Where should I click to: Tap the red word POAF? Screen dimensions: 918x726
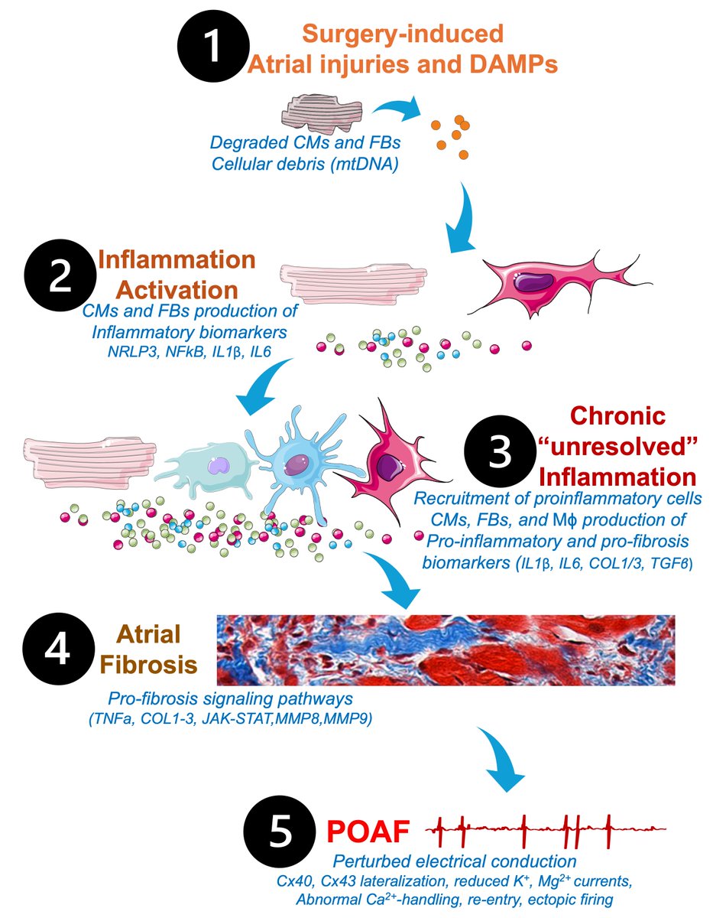(x=372, y=829)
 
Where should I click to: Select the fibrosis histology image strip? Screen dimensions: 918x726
(x=446, y=649)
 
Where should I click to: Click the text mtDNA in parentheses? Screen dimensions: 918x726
(x=362, y=162)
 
